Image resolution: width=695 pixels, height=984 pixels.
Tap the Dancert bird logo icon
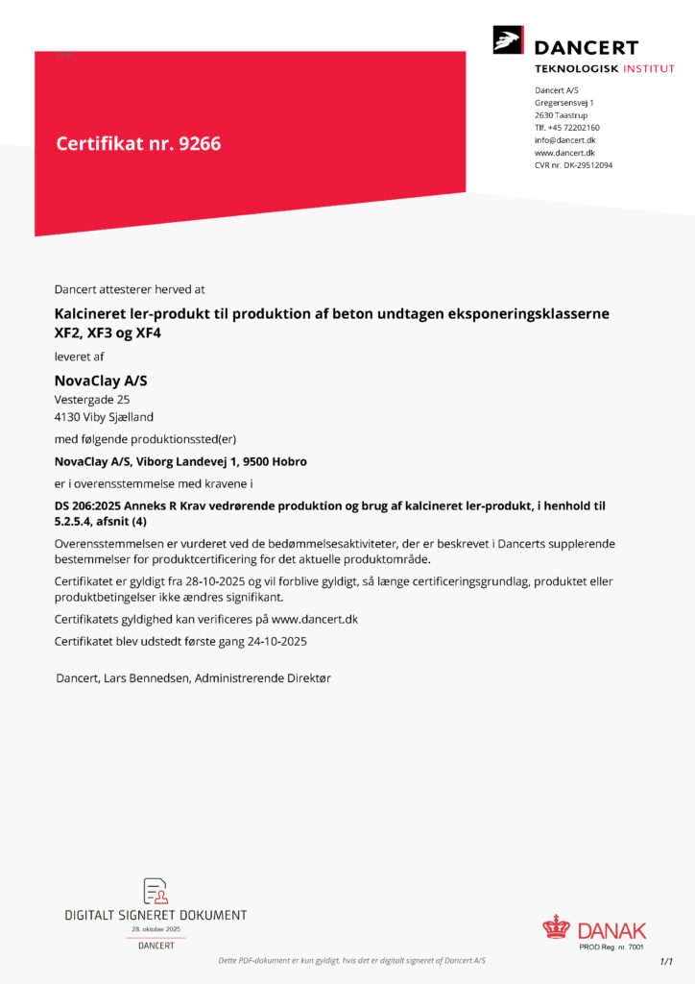508,40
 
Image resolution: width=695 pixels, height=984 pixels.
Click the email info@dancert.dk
565,140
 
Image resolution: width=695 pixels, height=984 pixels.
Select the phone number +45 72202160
575,128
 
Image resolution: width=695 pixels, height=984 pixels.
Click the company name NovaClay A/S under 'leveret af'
101,381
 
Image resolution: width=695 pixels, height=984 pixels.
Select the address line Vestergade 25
92,400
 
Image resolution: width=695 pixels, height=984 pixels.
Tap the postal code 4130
69,417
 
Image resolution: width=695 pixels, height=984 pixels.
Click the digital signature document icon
156,891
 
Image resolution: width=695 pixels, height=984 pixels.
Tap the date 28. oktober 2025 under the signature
156,929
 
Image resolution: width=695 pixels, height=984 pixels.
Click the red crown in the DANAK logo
556,927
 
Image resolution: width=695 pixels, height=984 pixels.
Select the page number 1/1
666,961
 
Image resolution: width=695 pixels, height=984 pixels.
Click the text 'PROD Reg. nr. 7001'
611,947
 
